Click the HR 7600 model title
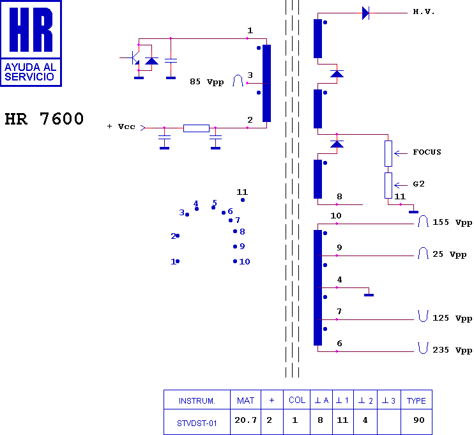pos(44,119)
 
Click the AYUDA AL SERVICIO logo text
pos(31,72)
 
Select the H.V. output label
pos(424,11)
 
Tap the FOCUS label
pos(427,152)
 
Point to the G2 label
pos(418,184)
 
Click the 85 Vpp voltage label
pos(207,82)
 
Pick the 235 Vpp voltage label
pos(452,350)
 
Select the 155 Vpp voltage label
pos(452,222)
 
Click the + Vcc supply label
pos(121,126)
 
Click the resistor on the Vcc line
pos(196,128)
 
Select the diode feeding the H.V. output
pos(365,13)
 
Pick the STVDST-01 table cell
pos(197,422)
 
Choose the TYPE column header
pos(417,400)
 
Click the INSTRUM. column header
pos(197,400)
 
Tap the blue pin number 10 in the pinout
pos(245,261)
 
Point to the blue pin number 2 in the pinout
pos(173,236)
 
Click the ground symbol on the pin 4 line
pos(369,294)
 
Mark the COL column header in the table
pos(297,400)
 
